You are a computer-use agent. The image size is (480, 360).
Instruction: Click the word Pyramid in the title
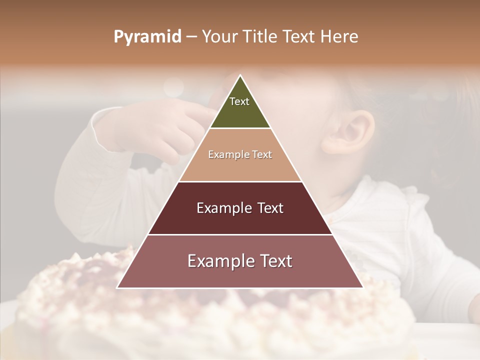point(147,37)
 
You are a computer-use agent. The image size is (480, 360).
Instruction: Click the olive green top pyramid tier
point(240,112)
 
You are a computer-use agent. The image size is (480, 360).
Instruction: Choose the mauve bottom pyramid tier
point(240,275)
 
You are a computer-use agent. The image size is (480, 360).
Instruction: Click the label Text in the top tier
point(239,101)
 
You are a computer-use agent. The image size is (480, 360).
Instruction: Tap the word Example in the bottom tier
point(219,261)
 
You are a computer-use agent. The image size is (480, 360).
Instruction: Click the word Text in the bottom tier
point(274,261)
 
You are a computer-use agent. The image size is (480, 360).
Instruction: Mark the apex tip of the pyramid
point(240,75)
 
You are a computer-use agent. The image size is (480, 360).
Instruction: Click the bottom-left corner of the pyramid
point(117,287)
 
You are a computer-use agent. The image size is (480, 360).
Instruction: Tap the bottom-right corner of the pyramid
point(362,287)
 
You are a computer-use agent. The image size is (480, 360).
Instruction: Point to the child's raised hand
point(150,130)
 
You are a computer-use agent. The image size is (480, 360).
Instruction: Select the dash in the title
point(191,37)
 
